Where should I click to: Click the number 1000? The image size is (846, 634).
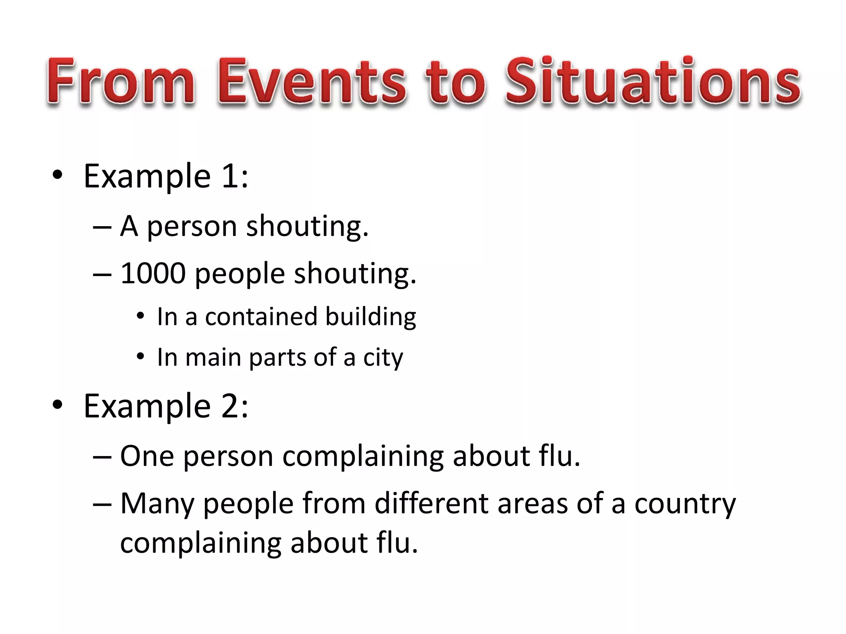tap(153, 274)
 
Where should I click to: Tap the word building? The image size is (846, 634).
tap(371, 317)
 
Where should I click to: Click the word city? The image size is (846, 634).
tap(383, 357)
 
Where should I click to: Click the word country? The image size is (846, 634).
tap(685, 504)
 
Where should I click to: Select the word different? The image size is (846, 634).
tap(431, 504)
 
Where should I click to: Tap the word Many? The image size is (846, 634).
tap(157, 504)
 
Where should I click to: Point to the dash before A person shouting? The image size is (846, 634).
tap(102, 227)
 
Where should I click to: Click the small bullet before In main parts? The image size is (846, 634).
tap(140, 356)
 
